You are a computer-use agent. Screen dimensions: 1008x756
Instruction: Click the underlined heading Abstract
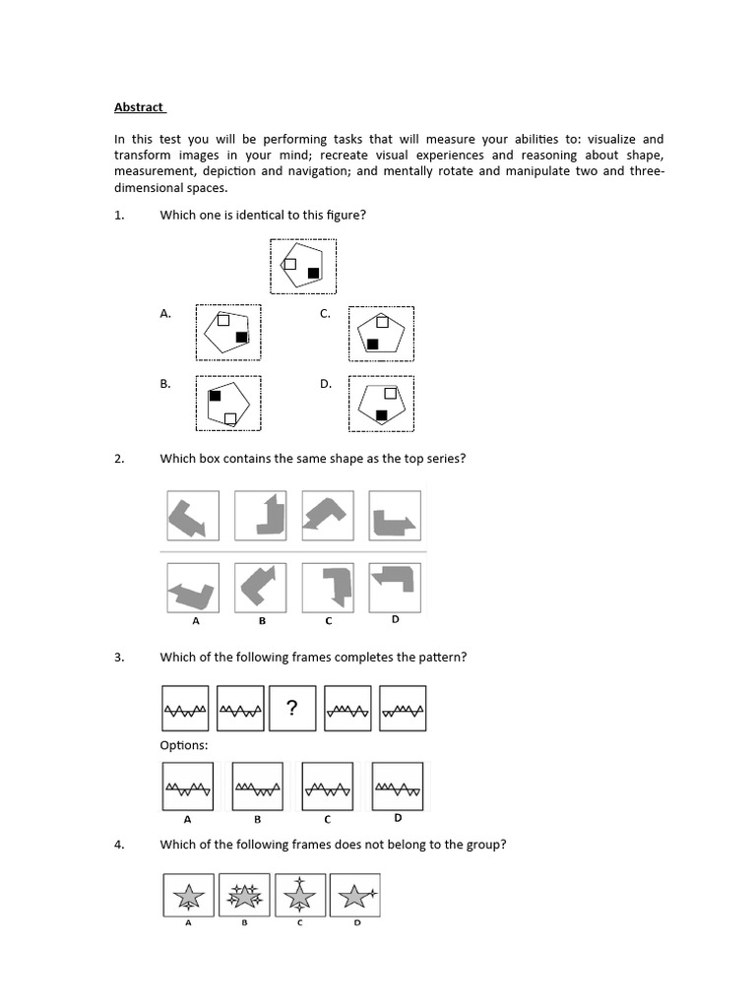(139, 106)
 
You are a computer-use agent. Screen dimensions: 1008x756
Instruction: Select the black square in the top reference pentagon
(313, 273)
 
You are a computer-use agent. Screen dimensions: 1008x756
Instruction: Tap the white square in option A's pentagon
(223, 320)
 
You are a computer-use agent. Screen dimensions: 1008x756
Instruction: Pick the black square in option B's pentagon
(214, 395)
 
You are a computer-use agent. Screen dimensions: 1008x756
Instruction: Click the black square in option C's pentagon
(373, 344)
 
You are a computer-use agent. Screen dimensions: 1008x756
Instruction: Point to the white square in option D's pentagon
(390, 393)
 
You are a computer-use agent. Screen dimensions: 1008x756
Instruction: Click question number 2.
(119, 458)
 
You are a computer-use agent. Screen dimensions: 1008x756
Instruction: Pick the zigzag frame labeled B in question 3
(257, 787)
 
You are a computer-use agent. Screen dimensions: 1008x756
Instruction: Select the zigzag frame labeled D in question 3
(398, 787)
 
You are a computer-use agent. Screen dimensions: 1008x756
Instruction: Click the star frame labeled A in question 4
(187, 897)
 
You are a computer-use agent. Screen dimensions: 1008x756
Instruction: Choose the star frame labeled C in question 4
(301, 897)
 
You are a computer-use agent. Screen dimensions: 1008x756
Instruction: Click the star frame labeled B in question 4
(243, 897)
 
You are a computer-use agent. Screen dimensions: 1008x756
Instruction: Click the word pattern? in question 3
(442, 657)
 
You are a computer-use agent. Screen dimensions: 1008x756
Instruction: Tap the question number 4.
(119, 844)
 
